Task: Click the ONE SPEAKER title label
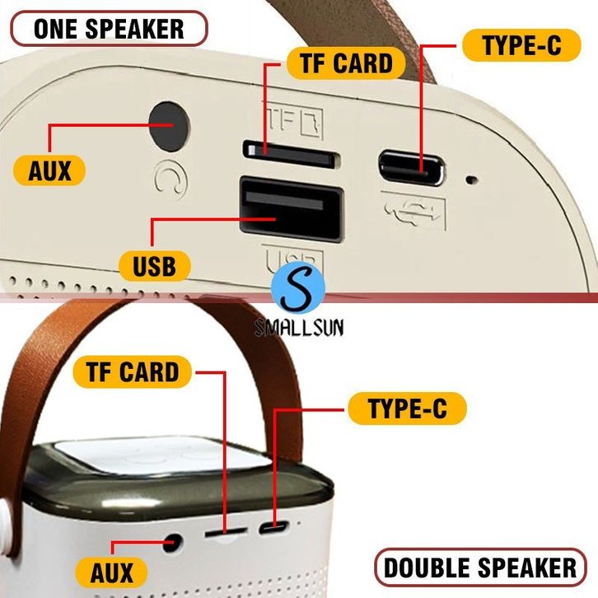pyautogui.click(x=109, y=29)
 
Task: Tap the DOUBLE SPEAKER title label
pyautogui.click(x=480, y=568)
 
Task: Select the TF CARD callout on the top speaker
pyautogui.click(x=346, y=63)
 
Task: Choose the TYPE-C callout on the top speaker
pyautogui.click(x=521, y=45)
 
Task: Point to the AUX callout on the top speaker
pyautogui.click(x=49, y=171)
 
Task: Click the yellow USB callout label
pyautogui.click(x=155, y=266)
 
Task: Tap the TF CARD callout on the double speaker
pyautogui.click(x=132, y=371)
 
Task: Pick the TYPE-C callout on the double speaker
pyautogui.click(x=407, y=409)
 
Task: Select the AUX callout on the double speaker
pyautogui.click(x=111, y=572)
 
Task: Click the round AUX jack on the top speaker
pyautogui.click(x=170, y=126)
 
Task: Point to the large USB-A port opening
pyautogui.click(x=292, y=209)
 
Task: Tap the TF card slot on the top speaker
pyautogui.click(x=292, y=154)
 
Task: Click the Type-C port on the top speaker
pyautogui.click(x=412, y=168)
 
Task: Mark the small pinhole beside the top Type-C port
pyautogui.click(x=472, y=179)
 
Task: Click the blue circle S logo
pyautogui.click(x=298, y=287)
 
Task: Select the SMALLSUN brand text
pyautogui.click(x=299, y=328)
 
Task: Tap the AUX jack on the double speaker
pyautogui.click(x=172, y=543)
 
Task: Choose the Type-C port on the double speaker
pyautogui.click(x=273, y=528)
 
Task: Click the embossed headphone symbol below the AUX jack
pyautogui.click(x=171, y=178)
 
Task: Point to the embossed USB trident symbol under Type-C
pyautogui.click(x=413, y=211)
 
